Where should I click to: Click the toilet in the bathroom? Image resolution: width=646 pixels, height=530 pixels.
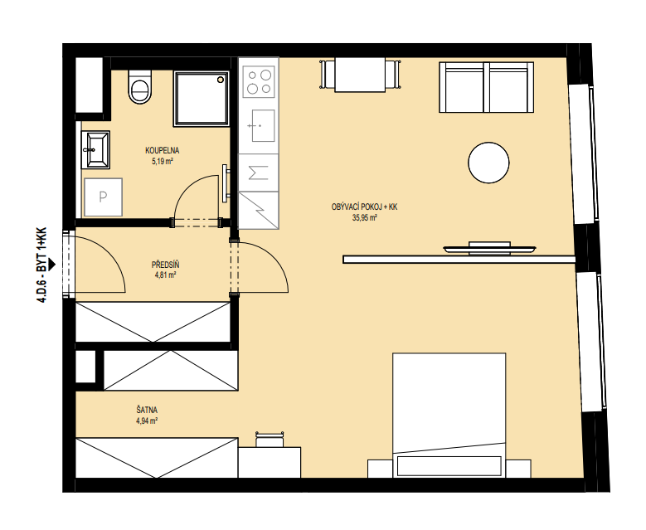click(x=139, y=86)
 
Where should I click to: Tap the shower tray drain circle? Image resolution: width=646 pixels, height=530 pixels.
click(x=221, y=79)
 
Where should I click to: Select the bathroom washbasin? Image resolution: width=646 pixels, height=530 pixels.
click(x=95, y=149)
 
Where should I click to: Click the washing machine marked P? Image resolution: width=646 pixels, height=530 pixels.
click(x=103, y=197)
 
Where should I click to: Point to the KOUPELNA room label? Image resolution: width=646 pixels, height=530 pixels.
click(x=163, y=150)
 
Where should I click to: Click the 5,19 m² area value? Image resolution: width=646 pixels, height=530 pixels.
click(x=163, y=161)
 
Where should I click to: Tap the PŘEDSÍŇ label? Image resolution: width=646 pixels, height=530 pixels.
click(x=165, y=265)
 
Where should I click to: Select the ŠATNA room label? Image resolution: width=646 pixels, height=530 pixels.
click(x=147, y=410)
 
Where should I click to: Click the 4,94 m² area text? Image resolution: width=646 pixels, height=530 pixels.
click(x=147, y=421)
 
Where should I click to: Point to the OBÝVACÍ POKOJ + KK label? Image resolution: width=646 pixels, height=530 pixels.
click(x=364, y=207)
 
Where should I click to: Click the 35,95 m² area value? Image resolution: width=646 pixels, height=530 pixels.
click(x=365, y=218)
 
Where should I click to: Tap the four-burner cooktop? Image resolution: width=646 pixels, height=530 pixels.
click(x=259, y=81)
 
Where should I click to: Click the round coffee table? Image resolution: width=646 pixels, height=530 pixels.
click(x=488, y=163)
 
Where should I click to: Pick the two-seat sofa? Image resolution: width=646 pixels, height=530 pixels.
click(x=487, y=87)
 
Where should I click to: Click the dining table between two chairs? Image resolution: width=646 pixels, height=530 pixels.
click(x=360, y=74)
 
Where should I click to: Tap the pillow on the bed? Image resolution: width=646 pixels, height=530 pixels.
click(x=449, y=465)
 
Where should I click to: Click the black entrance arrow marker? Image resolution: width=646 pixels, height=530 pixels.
click(x=51, y=265)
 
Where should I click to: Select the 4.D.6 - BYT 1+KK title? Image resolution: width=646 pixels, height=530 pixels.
click(x=42, y=265)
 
